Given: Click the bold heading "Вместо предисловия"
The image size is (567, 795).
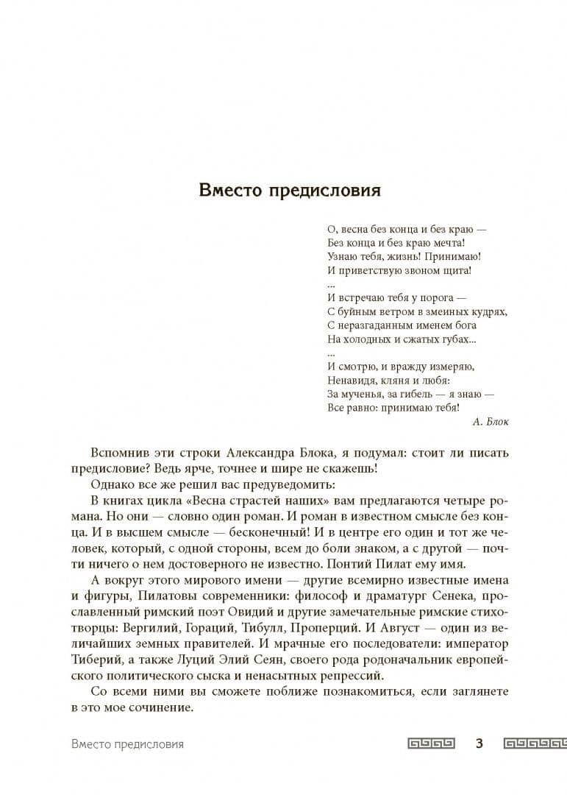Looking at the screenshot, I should [x=290, y=191].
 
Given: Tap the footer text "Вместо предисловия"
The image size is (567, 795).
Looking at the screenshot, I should [x=128, y=743].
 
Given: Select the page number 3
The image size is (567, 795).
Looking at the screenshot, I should [x=479, y=743].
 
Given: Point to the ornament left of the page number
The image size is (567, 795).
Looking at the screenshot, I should [x=432, y=743].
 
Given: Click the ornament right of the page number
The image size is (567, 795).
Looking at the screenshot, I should [x=535, y=743].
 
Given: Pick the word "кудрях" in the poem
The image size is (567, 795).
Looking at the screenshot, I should [x=488, y=311].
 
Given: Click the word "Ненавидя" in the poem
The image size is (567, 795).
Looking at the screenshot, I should [x=350, y=381].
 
